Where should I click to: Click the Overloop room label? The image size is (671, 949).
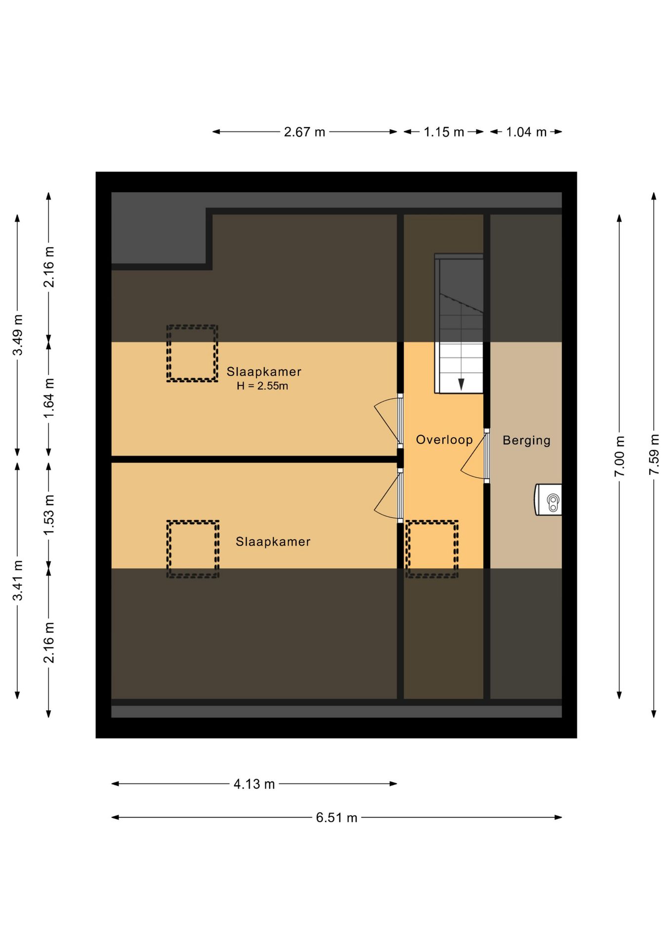[444, 439]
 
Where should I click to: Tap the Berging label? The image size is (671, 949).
[526, 440]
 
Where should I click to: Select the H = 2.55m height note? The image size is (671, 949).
[262, 386]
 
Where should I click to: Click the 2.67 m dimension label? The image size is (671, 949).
[304, 132]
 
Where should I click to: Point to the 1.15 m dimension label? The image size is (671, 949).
[444, 132]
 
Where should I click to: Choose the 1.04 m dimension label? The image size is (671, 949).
[526, 132]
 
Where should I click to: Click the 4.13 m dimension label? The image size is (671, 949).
[254, 784]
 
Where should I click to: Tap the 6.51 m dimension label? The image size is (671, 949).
[336, 818]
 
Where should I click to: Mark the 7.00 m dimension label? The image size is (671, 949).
[620, 456]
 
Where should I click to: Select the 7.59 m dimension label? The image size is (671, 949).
[654, 455]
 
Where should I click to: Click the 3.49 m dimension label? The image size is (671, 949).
[18, 335]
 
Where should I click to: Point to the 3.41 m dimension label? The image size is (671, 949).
[18, 580]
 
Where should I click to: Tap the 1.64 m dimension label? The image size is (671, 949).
[48, 398]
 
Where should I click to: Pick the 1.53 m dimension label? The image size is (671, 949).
[48, 515]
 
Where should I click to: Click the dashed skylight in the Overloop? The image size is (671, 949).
[432, 549]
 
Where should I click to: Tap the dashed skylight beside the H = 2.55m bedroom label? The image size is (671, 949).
[192, 353]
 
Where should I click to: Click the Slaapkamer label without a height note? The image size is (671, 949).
[273, 541]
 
